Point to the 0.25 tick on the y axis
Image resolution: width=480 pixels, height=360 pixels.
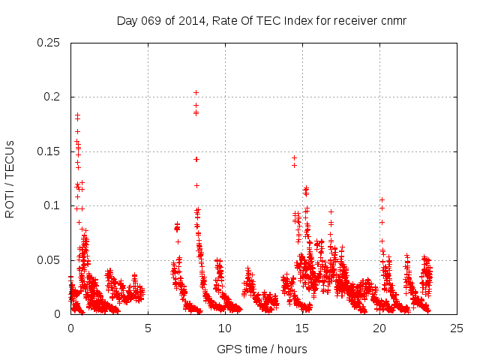[x=49, y=42]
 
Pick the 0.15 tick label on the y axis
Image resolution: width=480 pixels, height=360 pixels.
[x=49, y=151]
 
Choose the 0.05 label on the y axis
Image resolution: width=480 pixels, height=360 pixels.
[x=49, y=260]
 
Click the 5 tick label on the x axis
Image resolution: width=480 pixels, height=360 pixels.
[x=148, y=328]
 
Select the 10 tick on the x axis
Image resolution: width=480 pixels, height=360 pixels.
[x=225, y=328]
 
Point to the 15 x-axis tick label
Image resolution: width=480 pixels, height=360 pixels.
[x=302, y=328]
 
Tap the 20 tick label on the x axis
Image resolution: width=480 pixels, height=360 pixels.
[x=379, y=328]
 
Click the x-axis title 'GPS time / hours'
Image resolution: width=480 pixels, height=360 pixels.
[x=262, y=348]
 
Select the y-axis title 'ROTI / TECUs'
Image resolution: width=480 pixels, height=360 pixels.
[x=10, y=178]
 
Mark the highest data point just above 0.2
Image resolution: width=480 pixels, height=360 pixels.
[x=196, y=92]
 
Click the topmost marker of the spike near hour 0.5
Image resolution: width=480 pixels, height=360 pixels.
[x=77, y=115]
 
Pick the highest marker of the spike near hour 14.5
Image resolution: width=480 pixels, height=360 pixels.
[x=294, y=158]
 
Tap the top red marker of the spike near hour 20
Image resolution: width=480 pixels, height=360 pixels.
[x=382, y=199]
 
